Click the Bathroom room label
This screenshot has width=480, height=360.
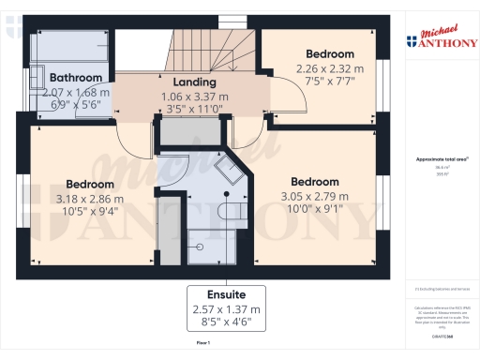click(x=77, y=78)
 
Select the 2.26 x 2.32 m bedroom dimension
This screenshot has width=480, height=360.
click(x=330, y=68)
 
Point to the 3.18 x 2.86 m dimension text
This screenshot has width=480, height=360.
click(x=90, y=200)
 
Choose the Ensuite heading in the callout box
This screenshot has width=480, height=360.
click(x=230, y=293)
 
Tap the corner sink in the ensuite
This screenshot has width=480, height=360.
click(x=228, y=172)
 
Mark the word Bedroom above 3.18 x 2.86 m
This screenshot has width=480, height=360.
click(x=90, y=185)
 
